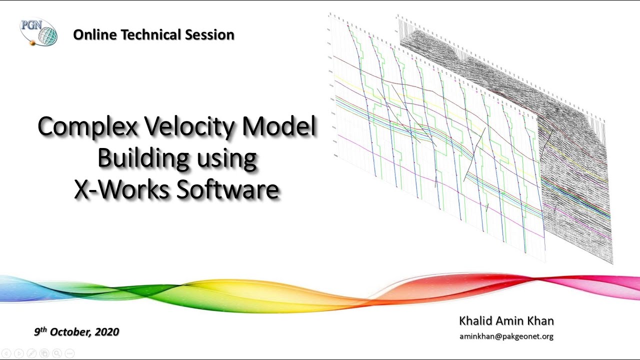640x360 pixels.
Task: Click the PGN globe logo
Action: [39, 32]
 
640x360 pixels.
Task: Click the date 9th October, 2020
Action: [76, 331]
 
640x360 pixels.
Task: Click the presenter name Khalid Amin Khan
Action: [506, 320]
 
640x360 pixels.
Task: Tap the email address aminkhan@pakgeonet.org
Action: [506, 336]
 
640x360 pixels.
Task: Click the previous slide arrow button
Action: [6, 353]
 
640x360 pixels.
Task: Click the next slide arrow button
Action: [19, 353]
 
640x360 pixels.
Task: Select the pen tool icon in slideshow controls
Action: [31, 353]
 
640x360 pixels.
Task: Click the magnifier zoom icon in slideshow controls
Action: [57, 353]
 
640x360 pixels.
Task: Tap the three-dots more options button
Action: [69, 353]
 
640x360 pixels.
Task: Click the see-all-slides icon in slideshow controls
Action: [44, 353]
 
